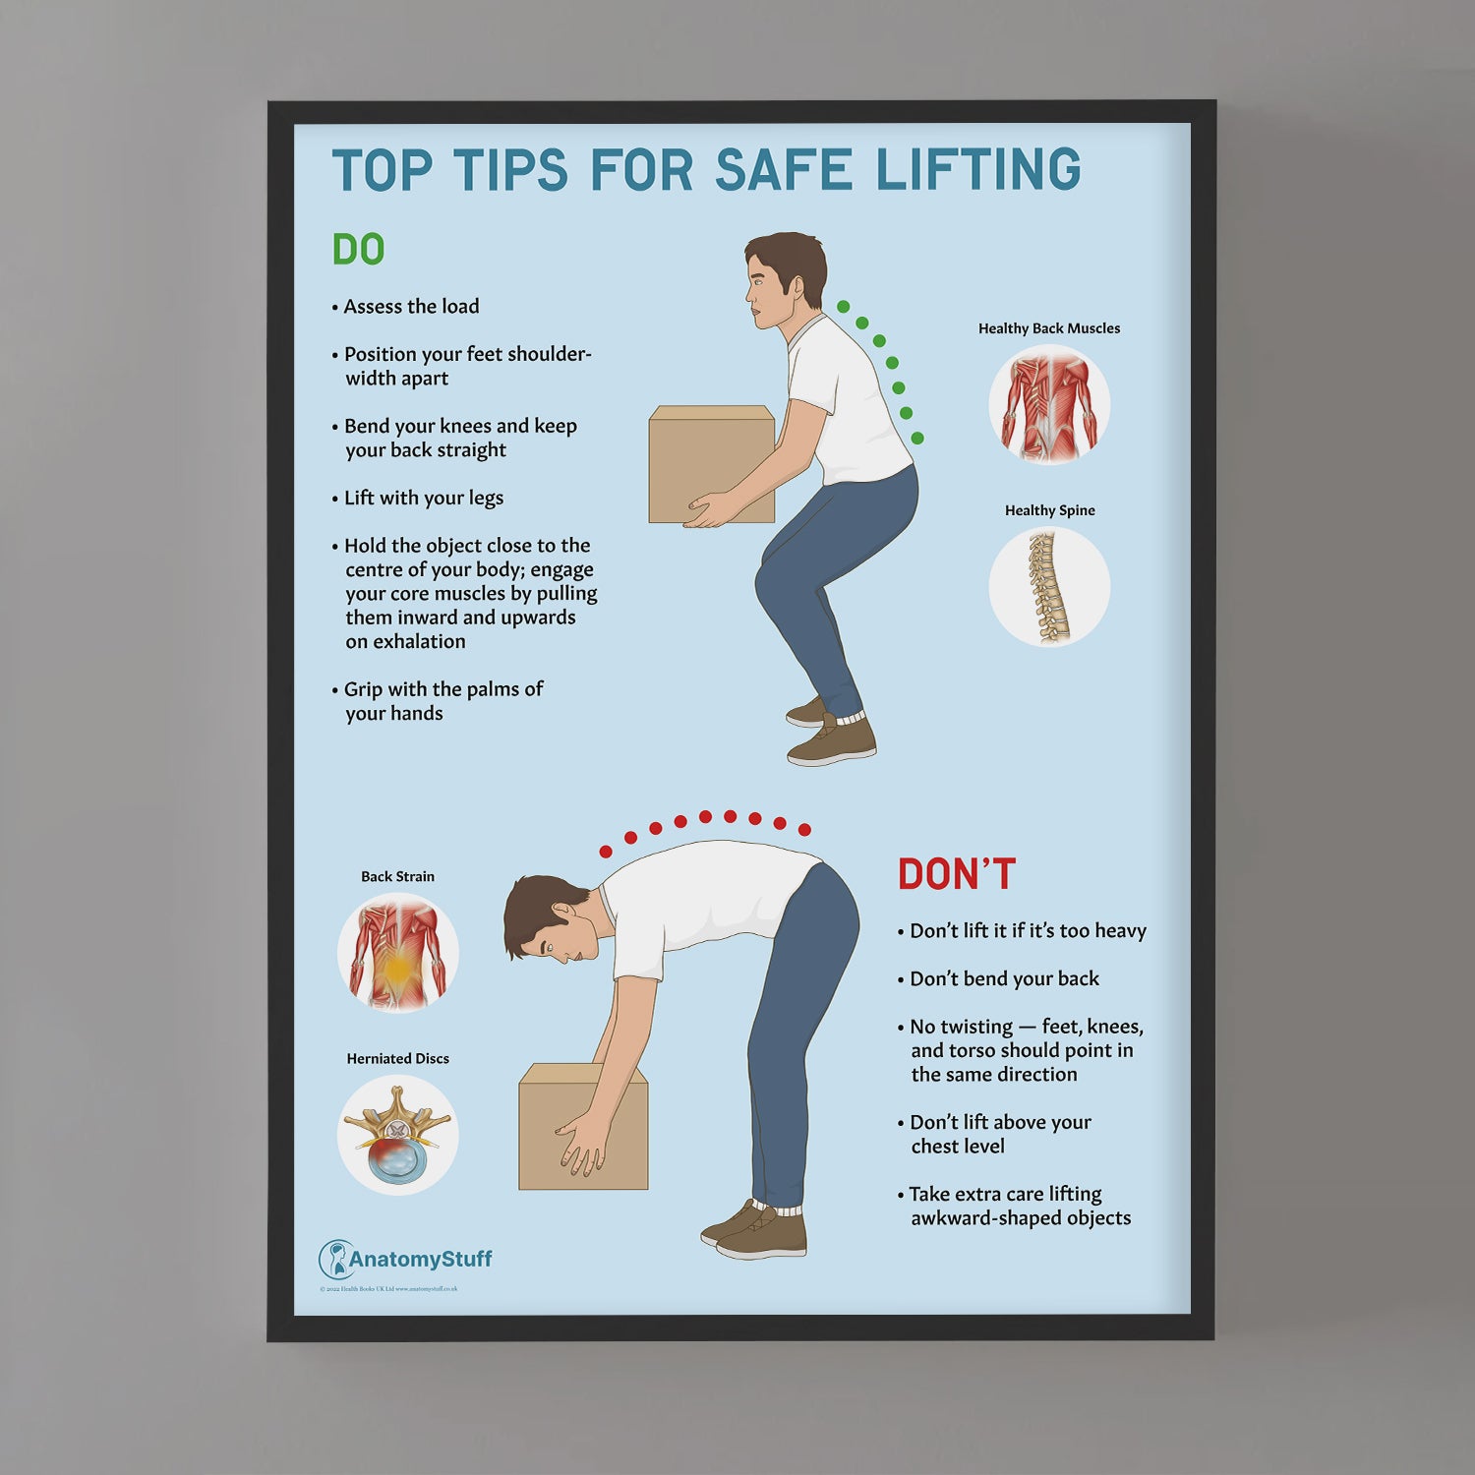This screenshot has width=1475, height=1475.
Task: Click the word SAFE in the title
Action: [x=783, y=170]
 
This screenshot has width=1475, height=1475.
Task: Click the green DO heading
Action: [x=358, y=250]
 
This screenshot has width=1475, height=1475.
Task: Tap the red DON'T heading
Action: [x=956, y=874]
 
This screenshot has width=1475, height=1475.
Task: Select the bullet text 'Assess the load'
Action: [x=411, y=307]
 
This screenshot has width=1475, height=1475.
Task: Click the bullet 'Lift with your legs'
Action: [x=423, y=498]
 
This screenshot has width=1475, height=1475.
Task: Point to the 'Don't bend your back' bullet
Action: [x=1004, y=978]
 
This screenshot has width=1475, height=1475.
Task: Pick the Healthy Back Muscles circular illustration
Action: [x=1049, y=404]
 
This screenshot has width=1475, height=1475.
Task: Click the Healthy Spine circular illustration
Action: [x=1049, y=587]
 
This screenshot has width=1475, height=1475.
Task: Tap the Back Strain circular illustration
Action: [x=397, y=952]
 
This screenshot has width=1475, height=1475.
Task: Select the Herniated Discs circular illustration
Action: [x=397, y=1135]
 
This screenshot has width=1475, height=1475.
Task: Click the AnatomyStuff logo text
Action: [x=420, y=1259]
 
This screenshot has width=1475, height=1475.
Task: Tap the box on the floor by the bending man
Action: [x=582, y=1126]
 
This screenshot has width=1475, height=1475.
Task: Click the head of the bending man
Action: [x=545, y=920]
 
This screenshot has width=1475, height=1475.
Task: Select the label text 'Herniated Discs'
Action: [x=397, y=1058]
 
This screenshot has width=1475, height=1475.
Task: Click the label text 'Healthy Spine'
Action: [x=1049, y=510]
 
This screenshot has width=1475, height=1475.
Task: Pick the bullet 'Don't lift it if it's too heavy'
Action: [x=1028, y=930]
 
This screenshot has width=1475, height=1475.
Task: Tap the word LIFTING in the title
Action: [x=978, y=170]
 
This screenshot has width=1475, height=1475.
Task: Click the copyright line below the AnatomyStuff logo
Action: [x=388, y=1288]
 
